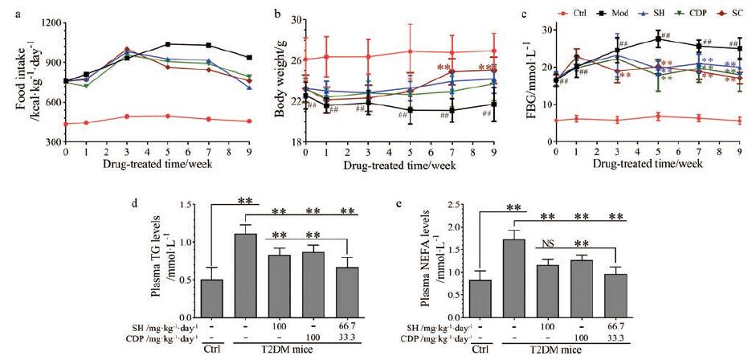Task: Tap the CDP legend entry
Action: click(695, 13)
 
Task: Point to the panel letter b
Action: click(278, 14)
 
